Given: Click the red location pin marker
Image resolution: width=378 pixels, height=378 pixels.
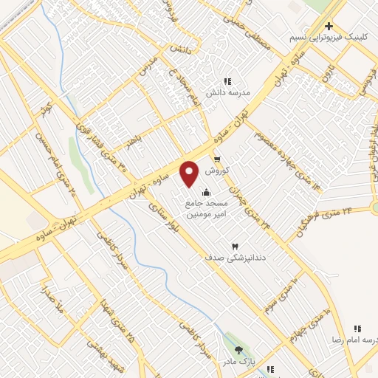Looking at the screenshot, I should pos(190,173).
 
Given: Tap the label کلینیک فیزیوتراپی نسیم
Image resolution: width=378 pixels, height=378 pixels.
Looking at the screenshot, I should pos(329,36).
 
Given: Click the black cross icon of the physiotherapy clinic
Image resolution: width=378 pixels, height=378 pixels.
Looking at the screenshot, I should pos(329,26).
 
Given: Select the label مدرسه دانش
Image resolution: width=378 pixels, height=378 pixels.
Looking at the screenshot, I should pos(229,92).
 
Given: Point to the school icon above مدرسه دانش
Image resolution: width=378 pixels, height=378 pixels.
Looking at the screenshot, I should pos(227,81).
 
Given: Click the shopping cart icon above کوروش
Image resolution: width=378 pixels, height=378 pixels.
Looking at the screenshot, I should pos(217,159).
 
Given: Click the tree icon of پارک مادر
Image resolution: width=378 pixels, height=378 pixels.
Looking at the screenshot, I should pos(238,350).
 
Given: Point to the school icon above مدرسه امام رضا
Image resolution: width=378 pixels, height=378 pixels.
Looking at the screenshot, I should pos(358,328).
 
